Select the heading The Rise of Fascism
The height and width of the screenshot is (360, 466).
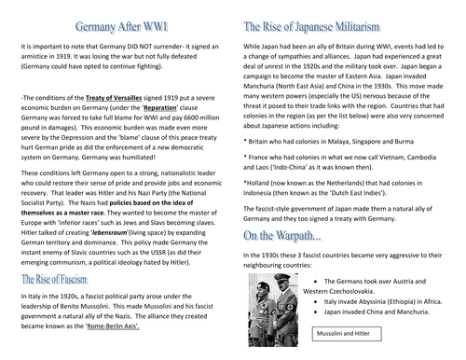58,279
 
